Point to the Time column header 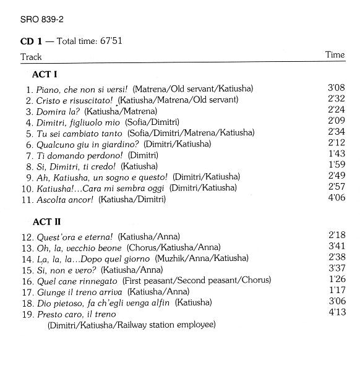pyautogui.click(x=335, y=55)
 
